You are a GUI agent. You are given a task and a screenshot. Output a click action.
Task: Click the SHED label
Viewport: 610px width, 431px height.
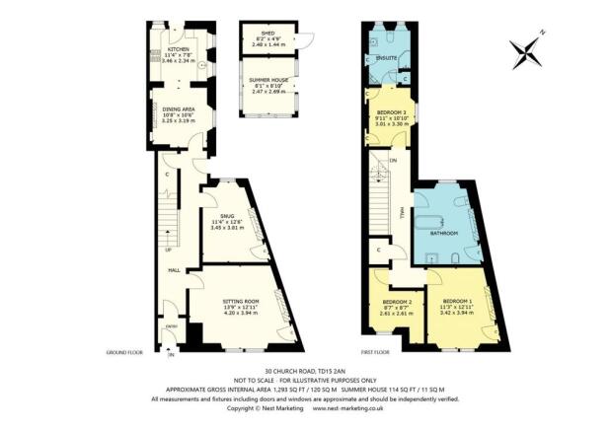(266, 33)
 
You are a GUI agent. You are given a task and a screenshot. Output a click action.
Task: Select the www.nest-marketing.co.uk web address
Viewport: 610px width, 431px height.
(378, 408)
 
